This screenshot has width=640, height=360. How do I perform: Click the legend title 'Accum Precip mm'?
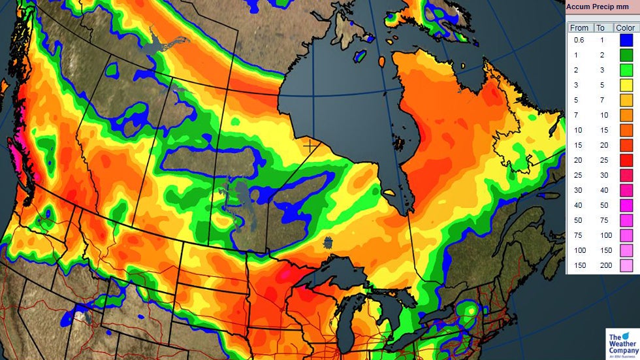coord(598,8)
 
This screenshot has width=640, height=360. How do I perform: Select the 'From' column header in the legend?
coord(579,27)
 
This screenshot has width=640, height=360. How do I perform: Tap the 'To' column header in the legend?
coord(600,27)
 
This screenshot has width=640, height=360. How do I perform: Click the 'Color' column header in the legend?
coord(624,27)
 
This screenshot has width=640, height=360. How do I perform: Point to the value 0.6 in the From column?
coord(579,41)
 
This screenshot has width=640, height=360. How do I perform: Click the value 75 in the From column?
coord(579,236)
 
